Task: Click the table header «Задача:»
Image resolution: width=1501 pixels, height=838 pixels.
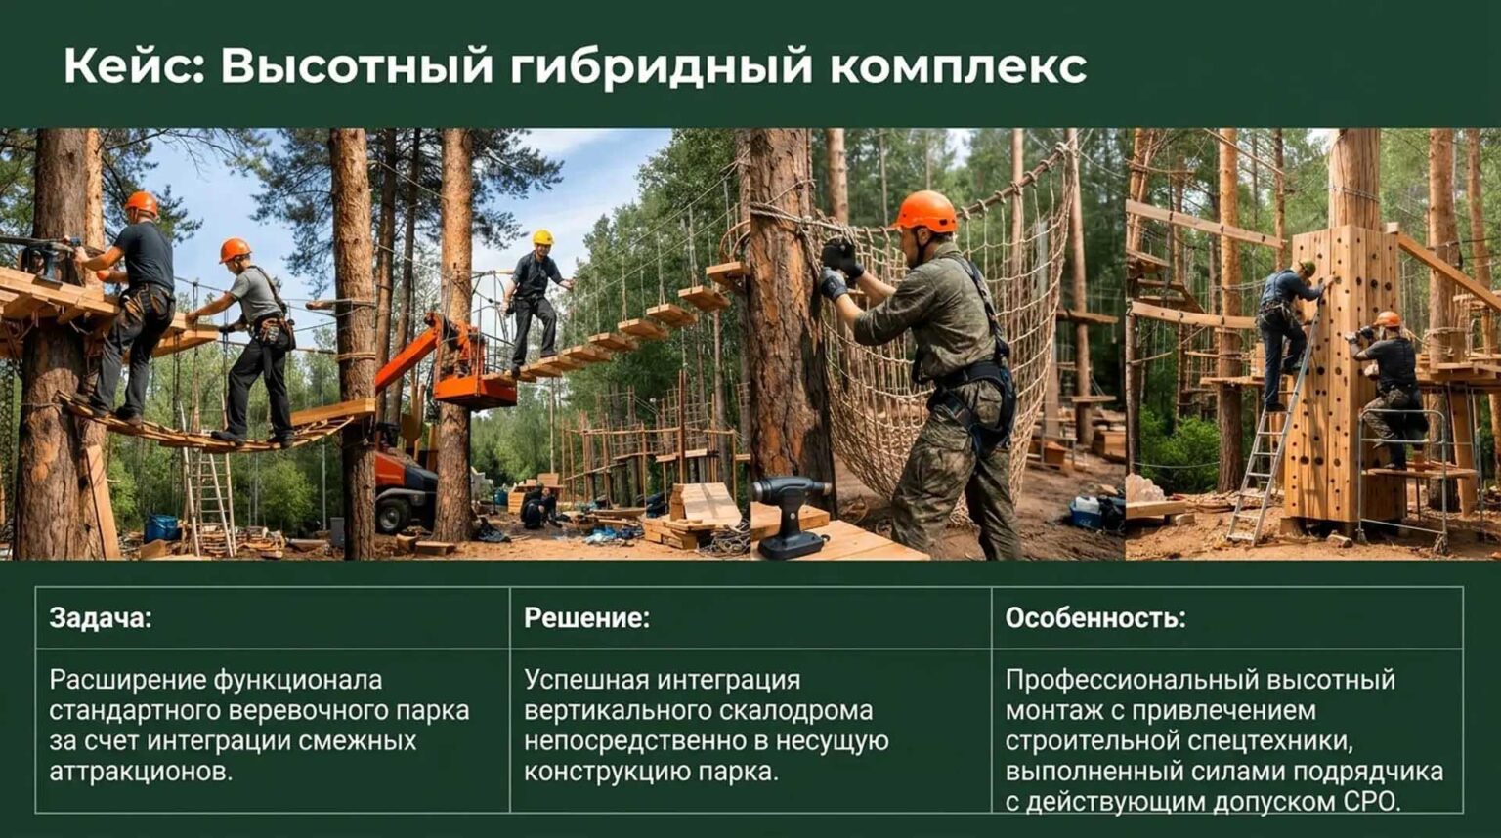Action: pyautogui.click(x=101, y=618)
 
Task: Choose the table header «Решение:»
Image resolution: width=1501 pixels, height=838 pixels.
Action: pyautogui.click(x=587, y=618)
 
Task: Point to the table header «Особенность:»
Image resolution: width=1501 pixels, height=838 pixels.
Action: pyautogui.click(x=1095, y=618)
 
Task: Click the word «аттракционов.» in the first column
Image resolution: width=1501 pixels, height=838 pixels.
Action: pyautogui.click(x=141, y=773)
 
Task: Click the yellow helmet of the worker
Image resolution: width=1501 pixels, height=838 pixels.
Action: pyautogui.click(x=542, y=237)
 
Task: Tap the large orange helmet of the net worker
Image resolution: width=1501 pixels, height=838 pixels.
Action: pyautogui.click(x=925, y=211)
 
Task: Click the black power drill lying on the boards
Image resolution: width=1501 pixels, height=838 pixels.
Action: pyautogui.click(x=790, y=517)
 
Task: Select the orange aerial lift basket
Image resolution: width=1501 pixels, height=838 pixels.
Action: pyautogui.click(x=475, y=390)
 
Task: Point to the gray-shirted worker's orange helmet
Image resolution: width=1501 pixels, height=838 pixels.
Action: pyautogui.click(x=235, y=250)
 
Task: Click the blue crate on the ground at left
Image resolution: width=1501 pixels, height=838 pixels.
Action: pyautogui.click(x=161, y=527)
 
